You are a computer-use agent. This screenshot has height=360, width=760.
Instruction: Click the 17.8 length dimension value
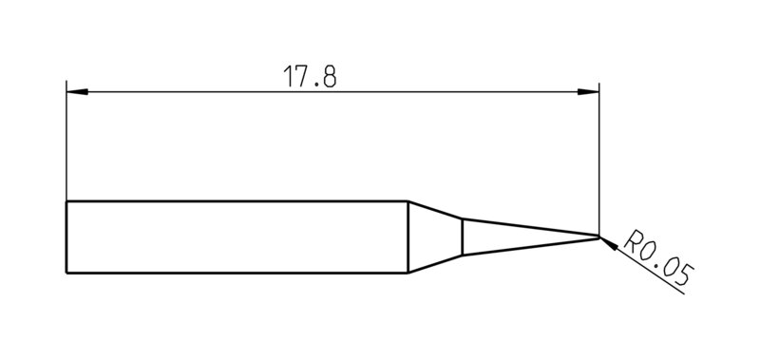(x=310, y=77)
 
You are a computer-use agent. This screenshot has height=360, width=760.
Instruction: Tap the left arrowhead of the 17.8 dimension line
(x=77, y=91)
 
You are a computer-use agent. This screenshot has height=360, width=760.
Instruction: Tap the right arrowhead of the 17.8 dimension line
(x=588, y=91)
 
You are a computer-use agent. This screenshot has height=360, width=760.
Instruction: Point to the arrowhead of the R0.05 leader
(x=609, y=244)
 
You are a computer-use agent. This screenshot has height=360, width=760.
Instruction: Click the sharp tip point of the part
(x=599, y=237)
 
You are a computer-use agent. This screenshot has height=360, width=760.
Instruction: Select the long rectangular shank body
(x=237, y=237)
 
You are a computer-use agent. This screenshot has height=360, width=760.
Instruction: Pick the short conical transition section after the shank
(x=435, y=237)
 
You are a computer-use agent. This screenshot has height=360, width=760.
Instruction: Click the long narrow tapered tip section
(x=531, y=237)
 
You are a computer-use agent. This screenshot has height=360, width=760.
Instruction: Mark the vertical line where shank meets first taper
(x=408, y=237)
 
